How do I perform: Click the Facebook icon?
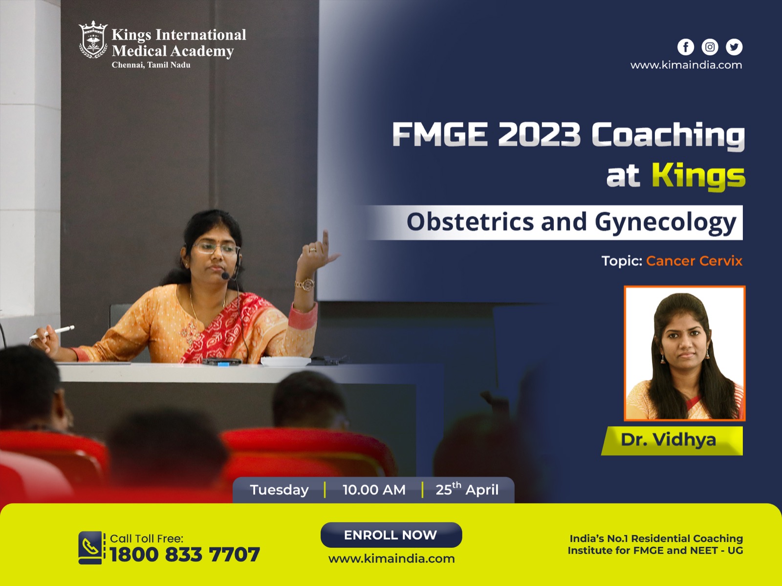[x=686, y=47]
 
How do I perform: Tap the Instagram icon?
[x=710, y=47]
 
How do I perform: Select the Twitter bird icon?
[x=734, y=47]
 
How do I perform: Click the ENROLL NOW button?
[x=391, y=535]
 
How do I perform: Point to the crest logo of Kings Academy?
[x=93, y=40]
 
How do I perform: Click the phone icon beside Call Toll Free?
[x=91, y=547]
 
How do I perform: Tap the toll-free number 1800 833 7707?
[x=185, y=555]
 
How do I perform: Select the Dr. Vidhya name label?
[x=669, y=440]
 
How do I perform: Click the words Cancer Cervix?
[x=694, y=261]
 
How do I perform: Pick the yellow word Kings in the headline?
[x=698, y=175]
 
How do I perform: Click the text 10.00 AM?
[x=374, y=490]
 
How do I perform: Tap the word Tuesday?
[x=279, y=490]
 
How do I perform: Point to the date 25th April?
[x=467, y=489]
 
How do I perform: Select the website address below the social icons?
[x=686, y=65]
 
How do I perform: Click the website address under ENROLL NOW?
[x=391, y=559]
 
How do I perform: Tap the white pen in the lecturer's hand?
[x=54, y=332]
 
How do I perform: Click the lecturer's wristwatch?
[x=304, y=284]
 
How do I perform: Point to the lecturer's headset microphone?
[x=225, y=276]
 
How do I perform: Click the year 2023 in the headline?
[x=539, y=134]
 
